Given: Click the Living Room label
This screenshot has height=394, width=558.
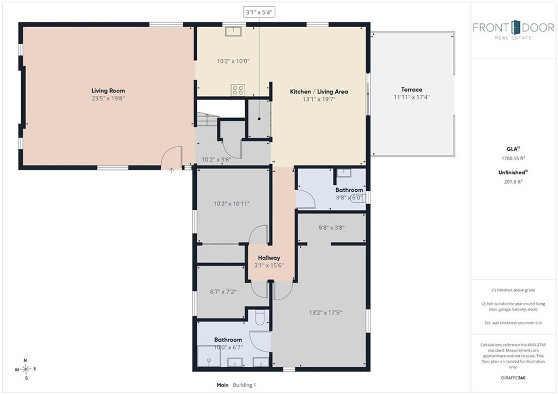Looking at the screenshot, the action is click(108, 91).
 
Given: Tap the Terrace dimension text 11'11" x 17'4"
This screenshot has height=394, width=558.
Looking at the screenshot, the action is click(411, 97).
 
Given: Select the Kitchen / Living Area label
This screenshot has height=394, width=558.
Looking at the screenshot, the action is click(319, 92).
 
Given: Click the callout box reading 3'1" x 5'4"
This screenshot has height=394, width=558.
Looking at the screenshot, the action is click(259, 12).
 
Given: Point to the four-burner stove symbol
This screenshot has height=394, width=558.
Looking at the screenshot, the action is click(238, 90).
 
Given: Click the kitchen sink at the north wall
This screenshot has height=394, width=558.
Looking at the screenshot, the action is click(233, 31).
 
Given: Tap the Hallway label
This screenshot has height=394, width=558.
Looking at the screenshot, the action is click(269, 258).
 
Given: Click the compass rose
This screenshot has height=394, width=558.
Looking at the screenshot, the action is click(26, 369).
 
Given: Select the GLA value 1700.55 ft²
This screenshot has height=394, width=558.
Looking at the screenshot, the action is click(513, 159).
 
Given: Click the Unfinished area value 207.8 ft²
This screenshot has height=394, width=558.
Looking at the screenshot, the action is click(513, 181).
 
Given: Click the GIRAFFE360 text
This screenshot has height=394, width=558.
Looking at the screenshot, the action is click(513, 378).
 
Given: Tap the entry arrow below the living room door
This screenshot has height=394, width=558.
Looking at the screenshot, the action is click(171, 171).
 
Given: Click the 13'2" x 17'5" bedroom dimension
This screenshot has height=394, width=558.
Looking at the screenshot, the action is click(325, 313).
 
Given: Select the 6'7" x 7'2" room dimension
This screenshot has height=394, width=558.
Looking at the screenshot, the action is click(223, 292).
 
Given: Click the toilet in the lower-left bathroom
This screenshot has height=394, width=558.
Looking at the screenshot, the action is click(259, 318).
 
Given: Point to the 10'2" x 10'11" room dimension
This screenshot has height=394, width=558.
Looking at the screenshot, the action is click(231, 204).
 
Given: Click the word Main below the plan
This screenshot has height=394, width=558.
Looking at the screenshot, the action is click(222, 385).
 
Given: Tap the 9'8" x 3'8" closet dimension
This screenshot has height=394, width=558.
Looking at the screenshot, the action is click(331, 228).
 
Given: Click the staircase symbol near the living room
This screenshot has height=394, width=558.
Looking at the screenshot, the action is click(207, 119).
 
